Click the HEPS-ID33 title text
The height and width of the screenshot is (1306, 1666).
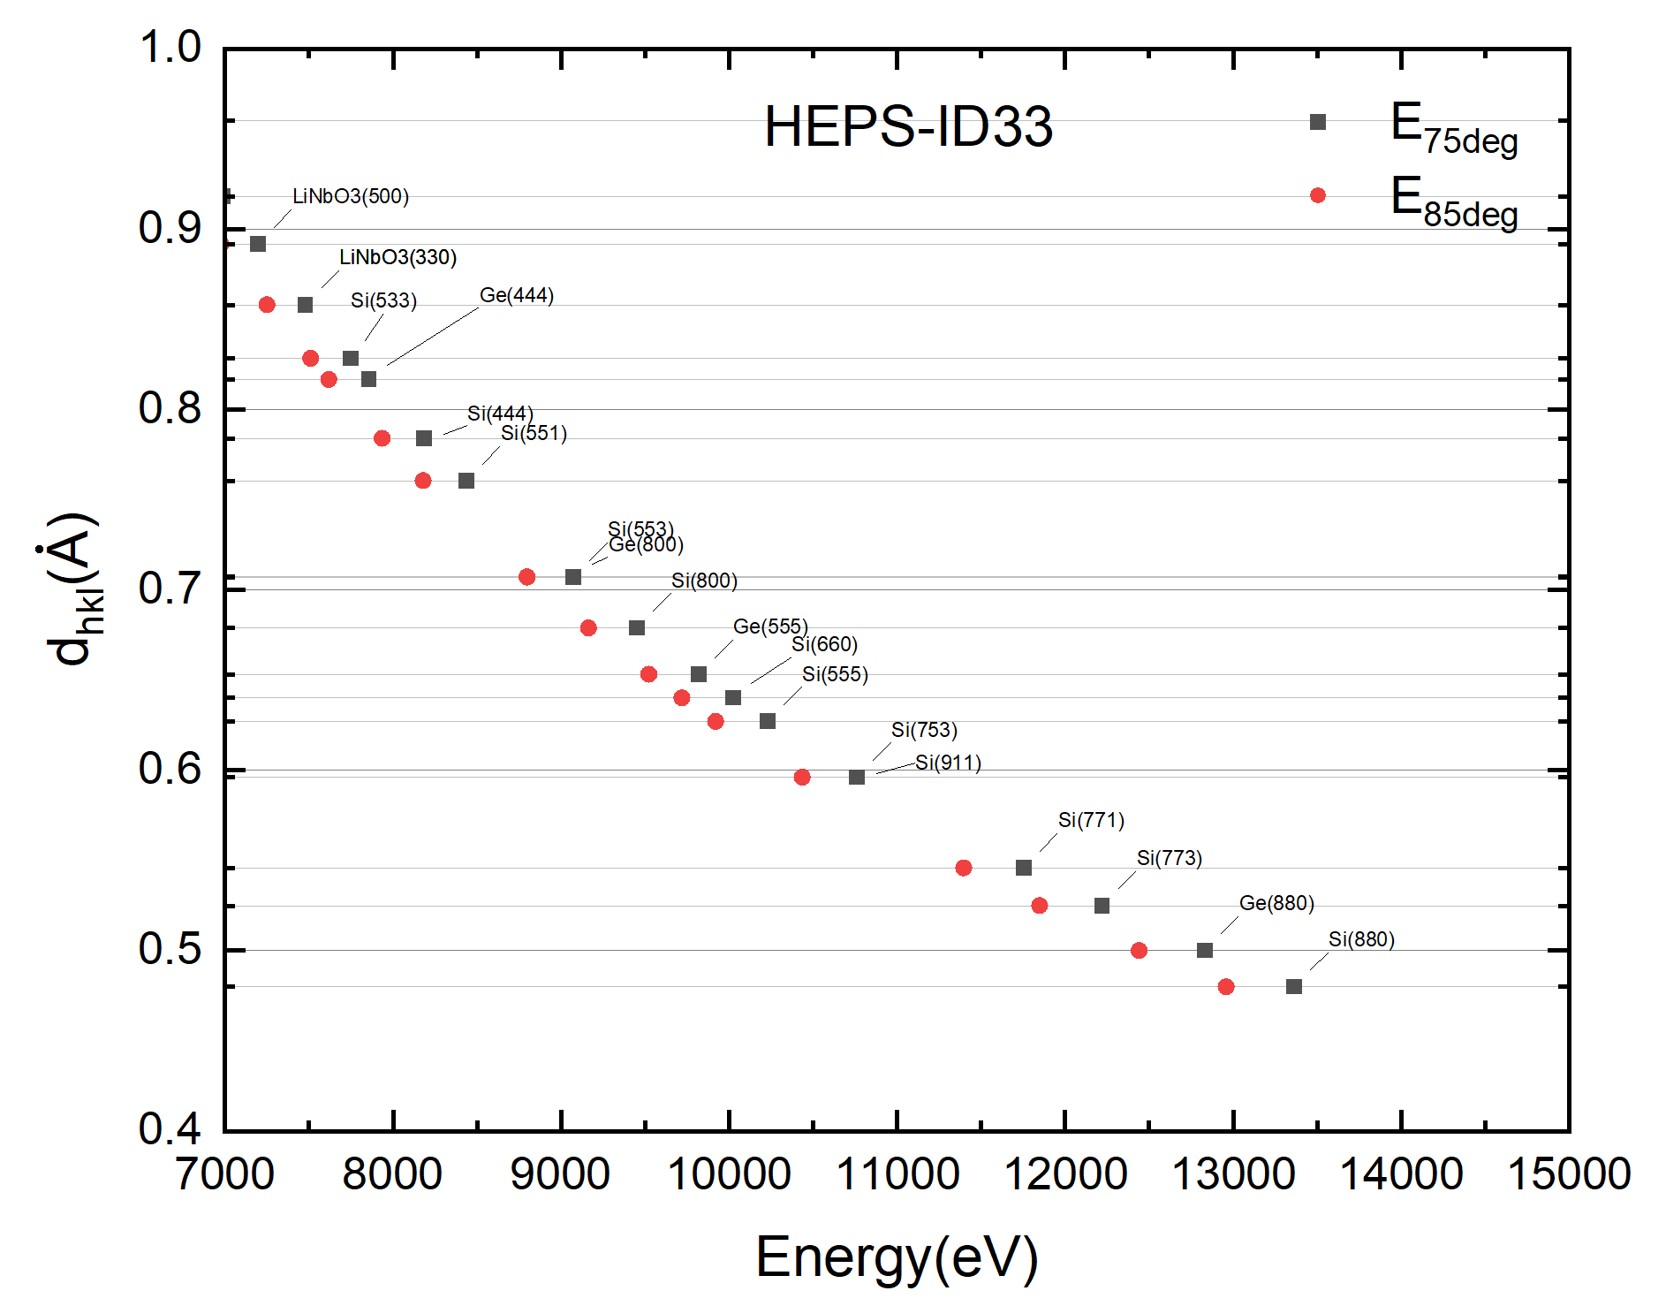pos(908,126)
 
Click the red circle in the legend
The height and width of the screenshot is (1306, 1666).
pos(1317,195)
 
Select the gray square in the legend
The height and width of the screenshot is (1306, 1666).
pos(1317,122)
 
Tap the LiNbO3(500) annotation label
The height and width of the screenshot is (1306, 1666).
pos(351,196)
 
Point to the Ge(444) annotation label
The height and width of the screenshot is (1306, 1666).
pos(517,295)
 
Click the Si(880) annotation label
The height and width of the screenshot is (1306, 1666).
pos(1361,939)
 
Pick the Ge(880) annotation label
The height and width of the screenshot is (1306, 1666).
pos(1276,903)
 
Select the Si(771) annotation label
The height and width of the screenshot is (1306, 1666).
pos(1091,820)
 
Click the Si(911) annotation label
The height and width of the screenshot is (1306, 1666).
pos(948,763)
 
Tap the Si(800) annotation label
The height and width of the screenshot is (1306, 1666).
pos(704,581)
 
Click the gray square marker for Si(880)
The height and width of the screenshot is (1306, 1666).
pos(1293,986)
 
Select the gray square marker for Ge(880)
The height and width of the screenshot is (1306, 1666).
pos(1204,950)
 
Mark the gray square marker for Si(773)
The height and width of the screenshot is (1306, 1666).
pos(1102,906)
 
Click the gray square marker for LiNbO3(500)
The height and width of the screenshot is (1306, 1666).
pos(258,244)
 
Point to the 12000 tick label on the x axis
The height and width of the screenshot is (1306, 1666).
pos(1064,1174)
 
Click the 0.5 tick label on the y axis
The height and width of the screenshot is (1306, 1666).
pos(170,949)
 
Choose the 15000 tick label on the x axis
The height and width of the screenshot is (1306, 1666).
pos(1569,1174)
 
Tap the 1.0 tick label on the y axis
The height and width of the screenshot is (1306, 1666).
pos(170,47)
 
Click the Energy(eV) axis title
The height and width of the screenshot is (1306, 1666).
pos(897,1257)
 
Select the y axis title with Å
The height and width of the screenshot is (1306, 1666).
pos(72,588)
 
